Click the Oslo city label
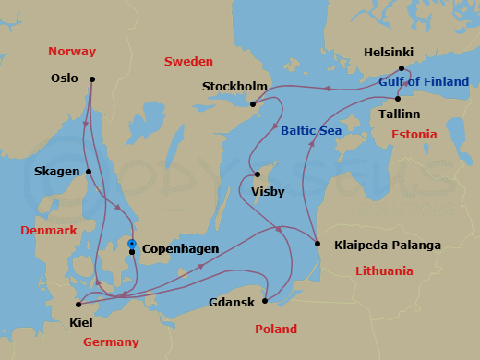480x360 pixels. [65, 78]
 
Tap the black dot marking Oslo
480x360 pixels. [93, 79]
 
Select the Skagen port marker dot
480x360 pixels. [89, 172]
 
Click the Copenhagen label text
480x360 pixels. [181, 249]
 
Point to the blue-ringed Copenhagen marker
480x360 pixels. [133, 244]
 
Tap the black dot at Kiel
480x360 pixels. [78, 304]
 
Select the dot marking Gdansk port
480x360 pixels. [265, 300]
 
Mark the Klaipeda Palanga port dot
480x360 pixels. [318, 245]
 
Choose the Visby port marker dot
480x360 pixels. [258, 174]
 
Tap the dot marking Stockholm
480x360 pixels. [254, 103]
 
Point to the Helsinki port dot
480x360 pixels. [401, 68]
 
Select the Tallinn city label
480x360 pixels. [399, 114]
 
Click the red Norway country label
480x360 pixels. [72, 51]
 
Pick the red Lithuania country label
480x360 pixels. [384, 270]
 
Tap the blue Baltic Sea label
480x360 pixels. [311, 131]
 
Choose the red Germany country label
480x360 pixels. [111, 342]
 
